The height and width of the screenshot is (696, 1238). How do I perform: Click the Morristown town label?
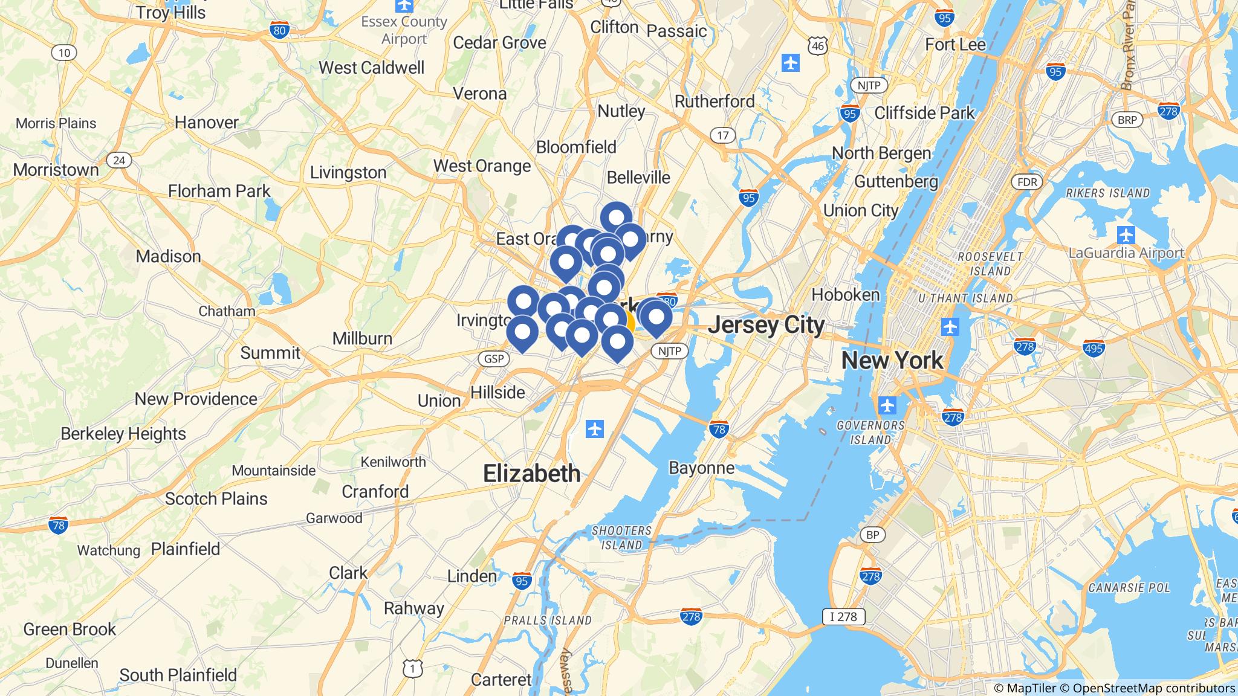point(56,170)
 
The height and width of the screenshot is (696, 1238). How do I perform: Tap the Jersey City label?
point(766,325)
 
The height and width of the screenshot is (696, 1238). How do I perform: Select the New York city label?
point(892,361)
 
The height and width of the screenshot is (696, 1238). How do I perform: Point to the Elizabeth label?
point(531,474)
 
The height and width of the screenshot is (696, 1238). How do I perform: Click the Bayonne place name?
point(701,468)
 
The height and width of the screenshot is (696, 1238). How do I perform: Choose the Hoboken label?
point(845,295)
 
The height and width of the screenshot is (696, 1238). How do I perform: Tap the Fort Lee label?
point(955,45)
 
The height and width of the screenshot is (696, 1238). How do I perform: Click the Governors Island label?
point(870,432)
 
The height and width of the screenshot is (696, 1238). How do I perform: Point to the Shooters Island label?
point(621,537)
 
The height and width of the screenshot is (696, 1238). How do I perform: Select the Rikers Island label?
point(1107,193)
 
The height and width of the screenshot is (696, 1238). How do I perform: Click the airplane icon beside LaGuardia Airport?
point(1126,234)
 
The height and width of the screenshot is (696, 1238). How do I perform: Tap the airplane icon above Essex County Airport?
point(404,5)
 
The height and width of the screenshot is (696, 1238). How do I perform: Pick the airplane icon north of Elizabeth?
point(595,430)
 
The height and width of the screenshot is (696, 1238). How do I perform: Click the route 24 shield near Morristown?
point(119,160)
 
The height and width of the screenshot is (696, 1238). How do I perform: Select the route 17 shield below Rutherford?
point(723,135)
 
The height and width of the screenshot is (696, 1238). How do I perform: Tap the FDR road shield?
point(1027,182)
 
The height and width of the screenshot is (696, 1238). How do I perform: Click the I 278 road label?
point(843,617)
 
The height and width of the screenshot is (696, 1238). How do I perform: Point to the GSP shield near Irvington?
point(494,359)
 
